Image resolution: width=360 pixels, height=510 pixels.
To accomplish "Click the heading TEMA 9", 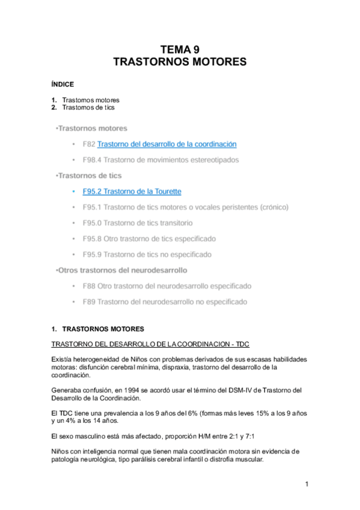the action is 180,51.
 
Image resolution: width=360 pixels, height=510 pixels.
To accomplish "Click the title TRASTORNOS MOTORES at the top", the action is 180,62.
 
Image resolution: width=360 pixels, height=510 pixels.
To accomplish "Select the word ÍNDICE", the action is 63,85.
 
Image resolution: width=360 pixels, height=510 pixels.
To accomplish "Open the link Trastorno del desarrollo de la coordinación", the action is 166,144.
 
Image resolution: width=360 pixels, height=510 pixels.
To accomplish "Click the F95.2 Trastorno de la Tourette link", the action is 132,191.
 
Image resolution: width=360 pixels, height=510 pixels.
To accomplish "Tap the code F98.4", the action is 93,160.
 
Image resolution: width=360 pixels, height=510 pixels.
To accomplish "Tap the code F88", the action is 89,286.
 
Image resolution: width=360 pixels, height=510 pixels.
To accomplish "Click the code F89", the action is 89,301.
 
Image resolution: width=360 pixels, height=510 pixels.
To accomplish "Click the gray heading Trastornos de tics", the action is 89,176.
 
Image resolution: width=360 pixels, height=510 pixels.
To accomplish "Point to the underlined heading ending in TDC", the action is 150,343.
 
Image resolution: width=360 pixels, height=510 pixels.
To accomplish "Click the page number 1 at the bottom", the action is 306,484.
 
